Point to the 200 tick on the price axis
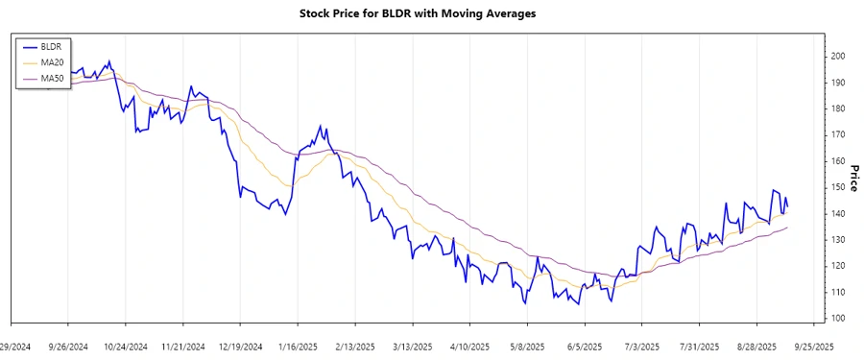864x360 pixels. tap(839, 57)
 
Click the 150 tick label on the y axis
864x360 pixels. tap(839, 187)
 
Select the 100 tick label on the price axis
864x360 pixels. tap(839, 318)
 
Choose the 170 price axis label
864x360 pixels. tap(839, 135)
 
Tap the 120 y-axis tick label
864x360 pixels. tap(839, 266)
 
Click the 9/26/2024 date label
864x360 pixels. tap(68, 346)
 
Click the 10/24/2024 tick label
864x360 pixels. tap(125, 346)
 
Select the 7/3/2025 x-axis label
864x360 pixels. tap(642, 346)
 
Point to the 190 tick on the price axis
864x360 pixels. tap(839, 83)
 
